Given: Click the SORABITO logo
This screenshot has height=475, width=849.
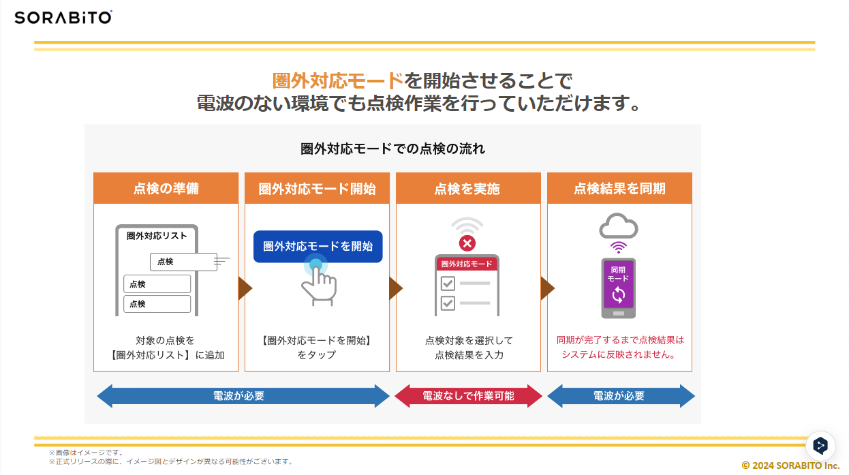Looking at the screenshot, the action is tap(63, 18).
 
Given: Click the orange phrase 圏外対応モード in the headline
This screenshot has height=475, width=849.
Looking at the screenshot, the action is tap(338, 80).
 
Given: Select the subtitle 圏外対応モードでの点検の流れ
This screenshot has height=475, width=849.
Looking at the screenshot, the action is tap(392, 149).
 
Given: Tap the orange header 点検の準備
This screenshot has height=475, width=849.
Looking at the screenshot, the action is tap(166, 188).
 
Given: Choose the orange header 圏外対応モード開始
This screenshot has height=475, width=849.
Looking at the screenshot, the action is tap(318, 188).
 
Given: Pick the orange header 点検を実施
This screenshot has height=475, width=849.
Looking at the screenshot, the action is tap(468, 188).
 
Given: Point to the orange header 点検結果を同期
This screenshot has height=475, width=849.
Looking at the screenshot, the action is tap(619, 188).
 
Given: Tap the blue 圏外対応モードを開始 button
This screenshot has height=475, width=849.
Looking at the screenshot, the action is tap(318, 247).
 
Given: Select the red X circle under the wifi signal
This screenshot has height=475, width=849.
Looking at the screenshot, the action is tap(467, 243).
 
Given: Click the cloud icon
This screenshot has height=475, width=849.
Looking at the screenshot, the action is tap(619, 226).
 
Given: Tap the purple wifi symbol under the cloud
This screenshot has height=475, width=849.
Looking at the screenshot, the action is tap(619, 247).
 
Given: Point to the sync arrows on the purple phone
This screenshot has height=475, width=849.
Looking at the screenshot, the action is tap(619, 295).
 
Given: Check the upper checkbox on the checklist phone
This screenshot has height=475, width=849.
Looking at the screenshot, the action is tap(448, 284).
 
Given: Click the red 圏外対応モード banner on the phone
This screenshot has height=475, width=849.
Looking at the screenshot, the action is tap(467, 264).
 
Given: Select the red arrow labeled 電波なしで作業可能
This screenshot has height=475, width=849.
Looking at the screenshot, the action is tap(469, 396).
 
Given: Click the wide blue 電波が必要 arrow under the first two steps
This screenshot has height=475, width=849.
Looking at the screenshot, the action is tap(243, 396).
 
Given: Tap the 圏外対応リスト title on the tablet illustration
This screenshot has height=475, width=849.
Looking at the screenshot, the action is tap(157, 236).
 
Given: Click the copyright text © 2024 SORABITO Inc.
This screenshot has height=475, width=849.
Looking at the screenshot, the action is tap(790, 465).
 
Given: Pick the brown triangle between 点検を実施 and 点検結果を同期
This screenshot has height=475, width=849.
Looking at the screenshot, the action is tap(547, 288).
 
